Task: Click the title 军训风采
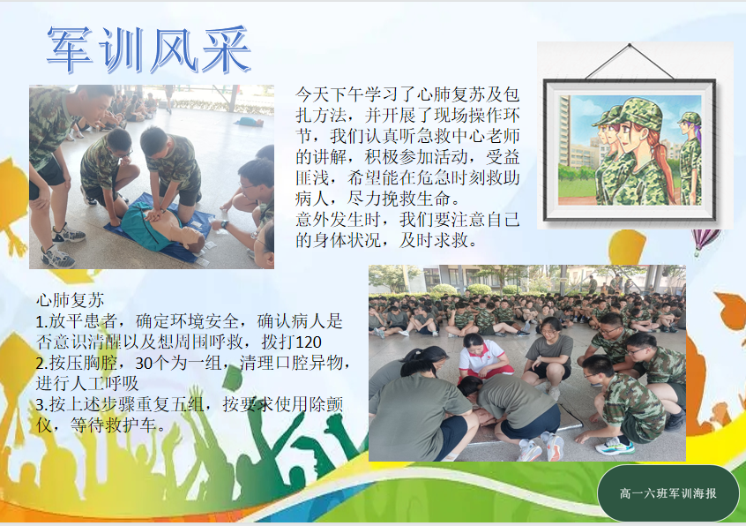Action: (149, 49)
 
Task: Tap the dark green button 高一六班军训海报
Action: (668, 493)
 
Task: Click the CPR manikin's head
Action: (192, 238)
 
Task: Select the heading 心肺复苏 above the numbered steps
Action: (71, 300)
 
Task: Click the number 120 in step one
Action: (309, 342)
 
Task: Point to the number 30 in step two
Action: (144, 364)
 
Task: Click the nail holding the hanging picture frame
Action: (630, 45)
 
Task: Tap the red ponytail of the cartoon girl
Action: (664, 162)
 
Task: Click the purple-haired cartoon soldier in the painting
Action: (690, 158)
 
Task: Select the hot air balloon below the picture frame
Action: (705, 240)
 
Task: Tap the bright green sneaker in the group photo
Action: (615, 446)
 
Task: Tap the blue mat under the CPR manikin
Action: (157, 228)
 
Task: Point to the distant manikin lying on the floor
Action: (249, 122)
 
